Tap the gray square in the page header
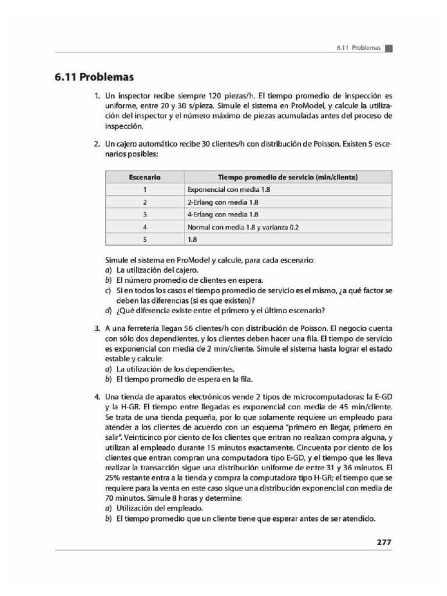coord(389,48)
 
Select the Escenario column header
coord(144,177)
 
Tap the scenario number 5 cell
coord(144,239)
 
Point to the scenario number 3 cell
coord(144,214)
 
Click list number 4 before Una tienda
coord(98,396)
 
